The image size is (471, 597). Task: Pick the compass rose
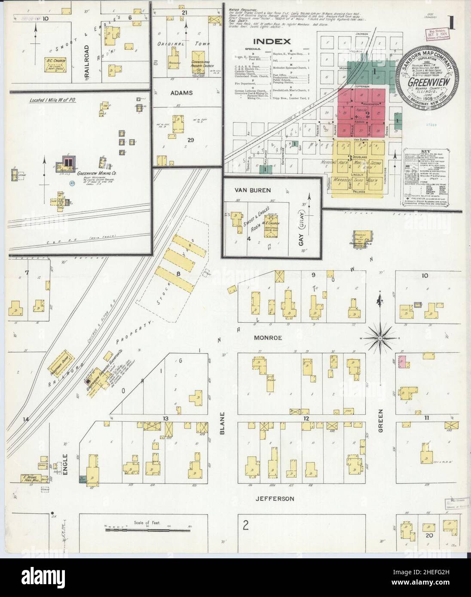click(380, 338)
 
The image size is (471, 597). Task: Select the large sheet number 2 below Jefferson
click(245, 524)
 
